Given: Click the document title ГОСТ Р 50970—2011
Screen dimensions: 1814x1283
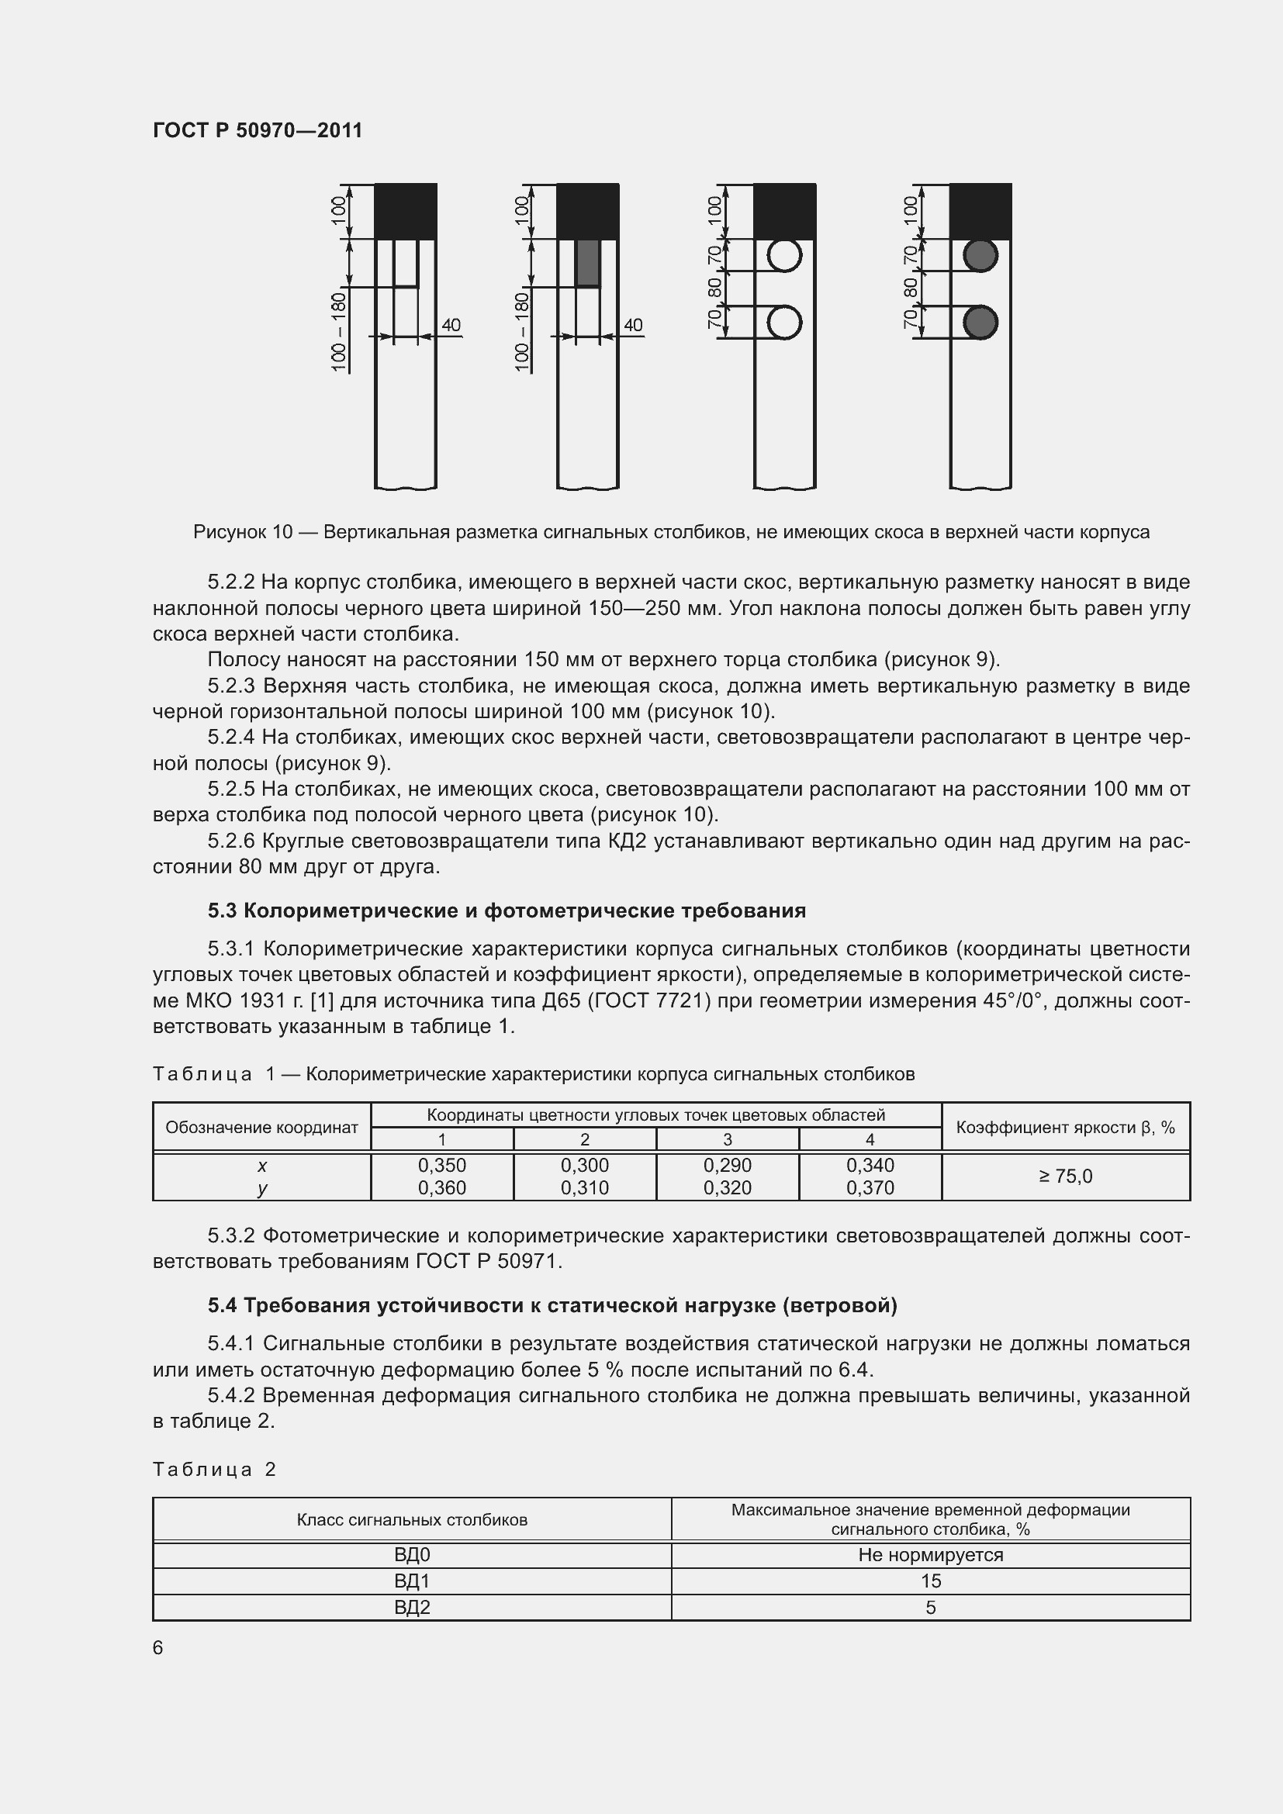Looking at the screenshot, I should (x=258, y=130).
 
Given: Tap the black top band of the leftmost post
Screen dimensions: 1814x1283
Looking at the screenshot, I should (x=405, y=211).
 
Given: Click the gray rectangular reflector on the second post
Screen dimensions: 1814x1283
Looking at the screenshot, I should (x=588, y=263).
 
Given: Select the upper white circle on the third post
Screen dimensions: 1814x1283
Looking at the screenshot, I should (x=784, y=255).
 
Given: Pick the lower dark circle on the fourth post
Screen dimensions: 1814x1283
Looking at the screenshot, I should (x=980, y=323).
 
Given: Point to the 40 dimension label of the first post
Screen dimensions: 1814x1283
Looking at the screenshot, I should (x=451, y=325).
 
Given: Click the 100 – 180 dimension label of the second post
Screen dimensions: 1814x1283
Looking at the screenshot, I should (x=521, y=331).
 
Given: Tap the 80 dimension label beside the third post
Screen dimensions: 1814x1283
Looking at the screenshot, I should (x=715, y=288).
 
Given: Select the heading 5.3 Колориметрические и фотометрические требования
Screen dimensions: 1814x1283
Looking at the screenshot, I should (x=507, y=911).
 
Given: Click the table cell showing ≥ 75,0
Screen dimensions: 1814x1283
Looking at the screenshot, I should (x=1065, y=1177).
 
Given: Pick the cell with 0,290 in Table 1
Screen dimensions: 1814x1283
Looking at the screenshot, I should (x=727, y=1166).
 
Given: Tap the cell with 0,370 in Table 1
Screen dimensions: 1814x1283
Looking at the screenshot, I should (x=870, y=1187).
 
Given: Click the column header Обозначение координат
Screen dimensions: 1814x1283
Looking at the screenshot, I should (x=261, y=1128).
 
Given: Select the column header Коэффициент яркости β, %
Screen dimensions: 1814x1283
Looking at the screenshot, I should (x=1065, y=1128).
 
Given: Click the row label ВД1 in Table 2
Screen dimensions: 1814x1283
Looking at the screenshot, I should (x=412, y=1581).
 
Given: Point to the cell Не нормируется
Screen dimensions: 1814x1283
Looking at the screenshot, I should (x=930, y=1555).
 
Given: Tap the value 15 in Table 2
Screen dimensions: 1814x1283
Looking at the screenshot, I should (x=930, y=1581).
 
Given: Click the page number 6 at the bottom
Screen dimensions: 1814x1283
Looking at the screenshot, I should (x=158, y=1647).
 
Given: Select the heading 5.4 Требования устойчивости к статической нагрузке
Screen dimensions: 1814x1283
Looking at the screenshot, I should (x=552, y=1306).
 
